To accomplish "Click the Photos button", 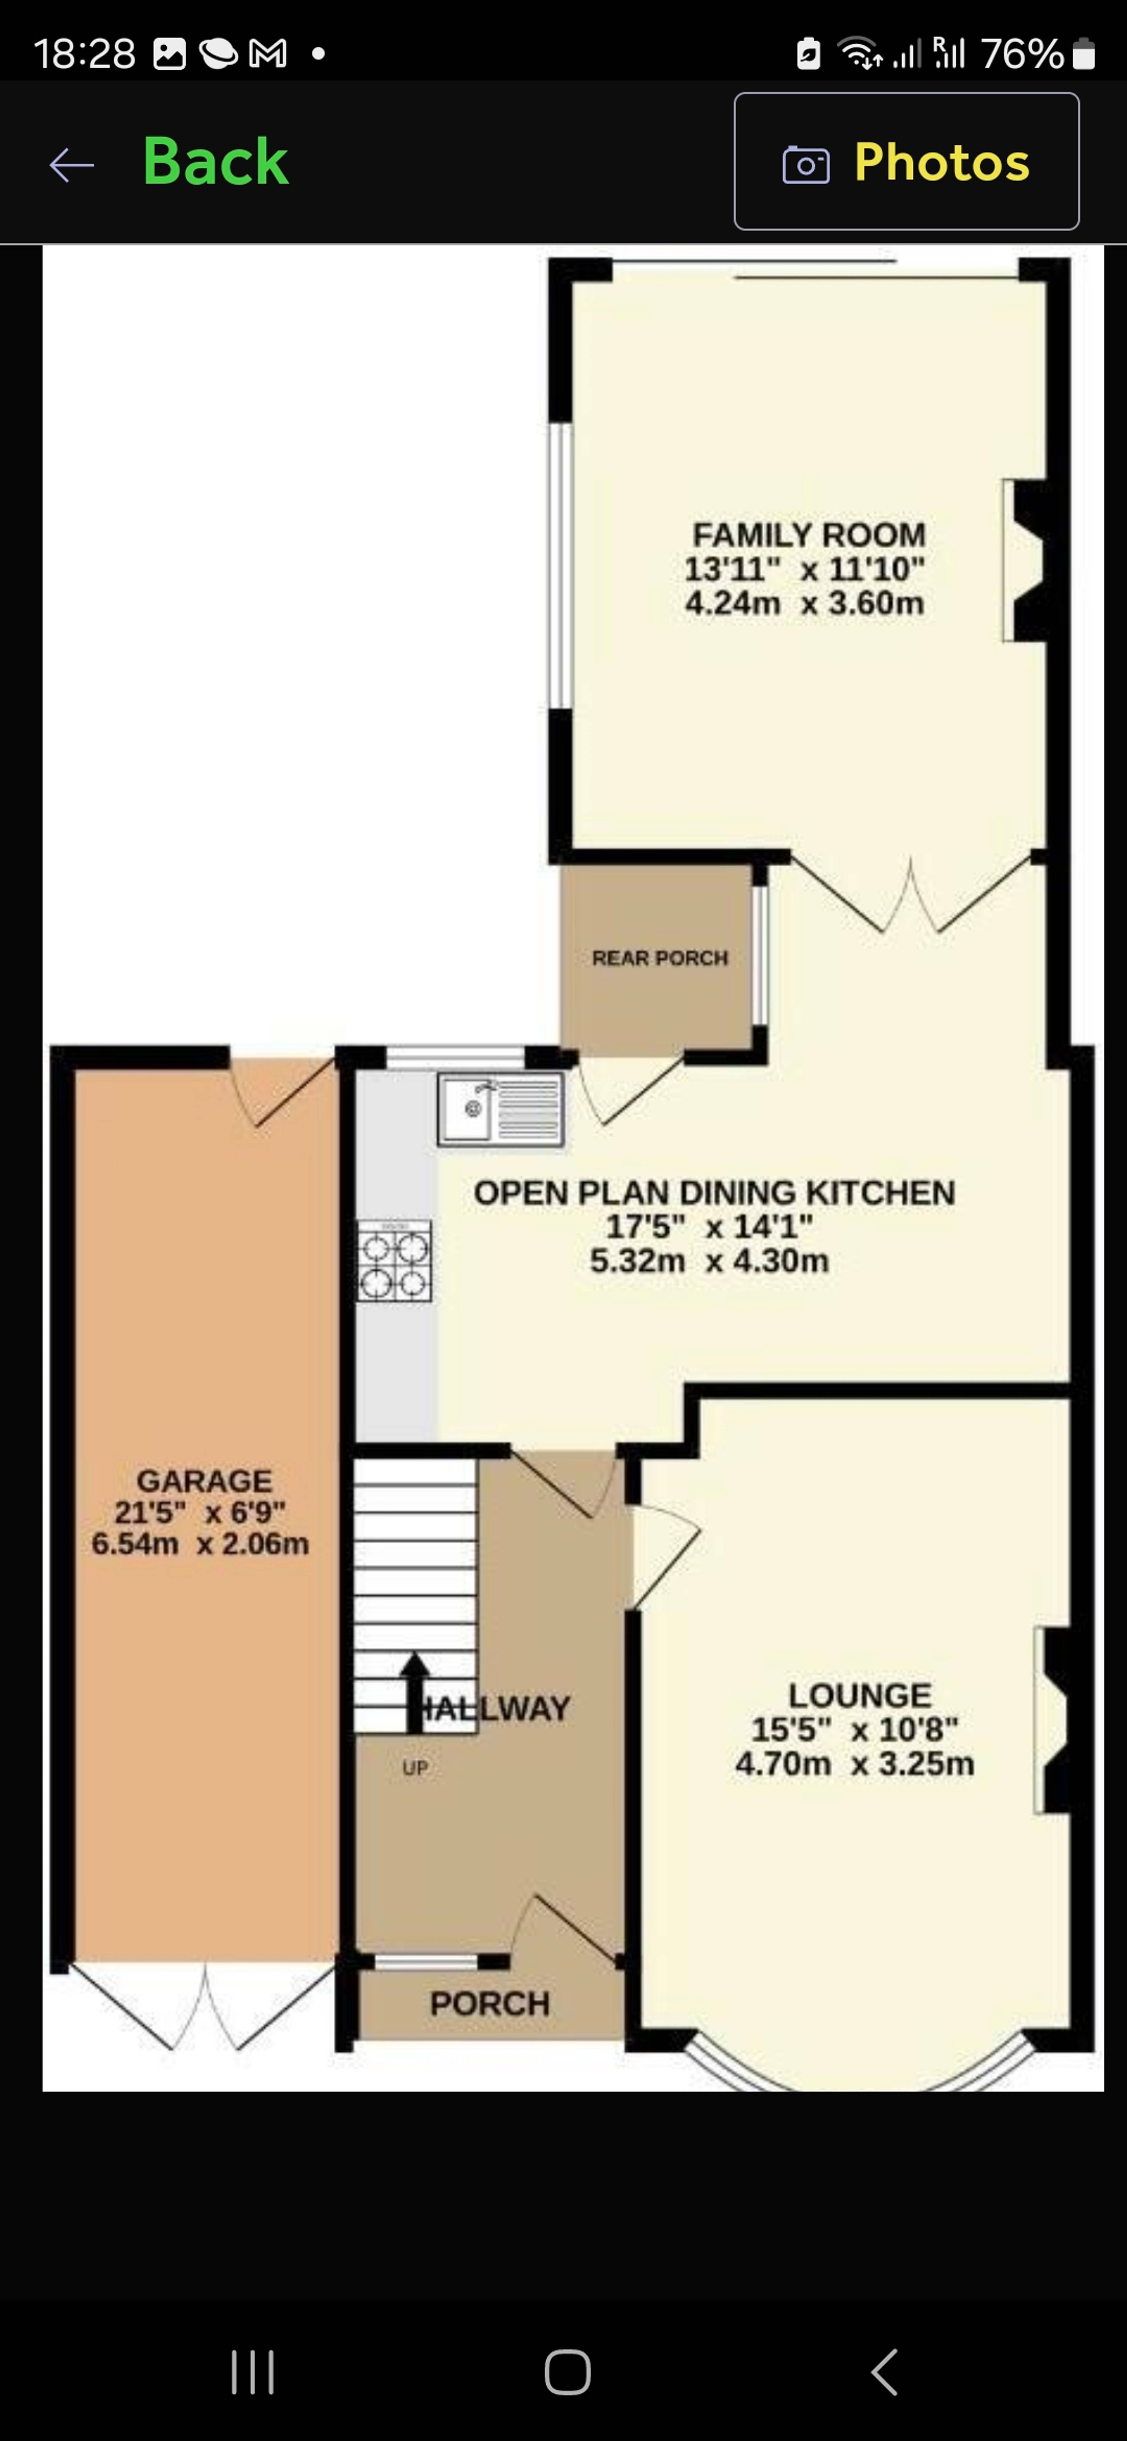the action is [x=906, y=161].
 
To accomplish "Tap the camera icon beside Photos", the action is [x=806, y=165].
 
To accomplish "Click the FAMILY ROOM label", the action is [x=809, y=535].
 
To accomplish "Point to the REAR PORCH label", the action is [x=660, y=958].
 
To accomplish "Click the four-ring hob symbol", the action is [x=394, y=1259].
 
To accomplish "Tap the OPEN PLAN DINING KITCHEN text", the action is [x=714, y=1192].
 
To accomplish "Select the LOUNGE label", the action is [x=860, y=1694].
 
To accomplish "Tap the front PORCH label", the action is [x=489, y=2003].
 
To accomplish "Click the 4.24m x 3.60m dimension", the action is [x=804, y=603].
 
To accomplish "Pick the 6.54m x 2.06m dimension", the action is [x=200, y=1544].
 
